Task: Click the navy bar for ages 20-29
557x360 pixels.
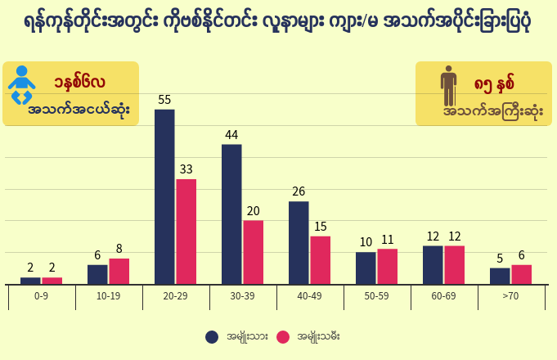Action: [x=164, y=197]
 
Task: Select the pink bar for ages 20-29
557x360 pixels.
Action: [x=186, y=232]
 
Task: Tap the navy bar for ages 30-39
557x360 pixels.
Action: [x=231, y=214]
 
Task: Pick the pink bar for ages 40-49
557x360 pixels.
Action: [x=321, y=260]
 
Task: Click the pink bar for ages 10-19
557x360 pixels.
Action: [x=119, y=272]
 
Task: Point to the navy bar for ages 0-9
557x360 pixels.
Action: [x=30, y=281]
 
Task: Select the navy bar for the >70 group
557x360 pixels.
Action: [x=500, y=276]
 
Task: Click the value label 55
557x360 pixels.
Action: [x=164, y=100]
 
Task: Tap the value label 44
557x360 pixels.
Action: [x=231, y=135]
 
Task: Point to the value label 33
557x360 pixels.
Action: [x=186, y=169]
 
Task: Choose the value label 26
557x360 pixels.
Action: [x=299, y=191]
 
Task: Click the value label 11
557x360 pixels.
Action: [x=388, y=240]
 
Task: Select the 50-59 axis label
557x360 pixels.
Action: [x=376, y=296]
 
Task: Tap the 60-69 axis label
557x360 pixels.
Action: [x=443, y=296]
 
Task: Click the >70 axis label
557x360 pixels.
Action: [x=510, y=296]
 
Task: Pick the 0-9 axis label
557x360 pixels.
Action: [x=41, y=296]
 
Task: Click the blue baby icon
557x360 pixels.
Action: [x=21, y=85]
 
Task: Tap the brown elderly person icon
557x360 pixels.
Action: [x=448, y=86]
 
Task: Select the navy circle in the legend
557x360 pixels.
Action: [x=212, y=337]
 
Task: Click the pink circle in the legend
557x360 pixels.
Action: [x=283, y=337]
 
